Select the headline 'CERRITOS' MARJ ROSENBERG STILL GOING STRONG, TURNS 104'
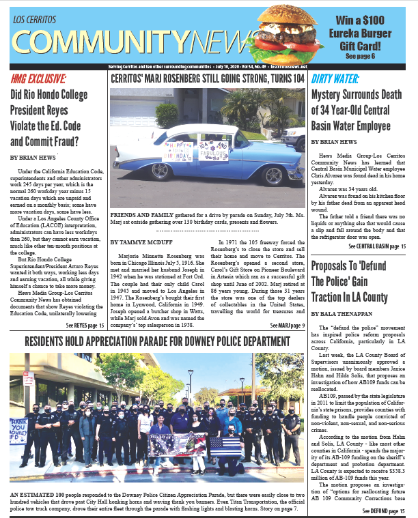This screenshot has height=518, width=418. [208, 78]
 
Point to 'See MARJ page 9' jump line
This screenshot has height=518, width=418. [288, 326]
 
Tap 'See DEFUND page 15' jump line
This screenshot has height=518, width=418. [385, 510]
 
